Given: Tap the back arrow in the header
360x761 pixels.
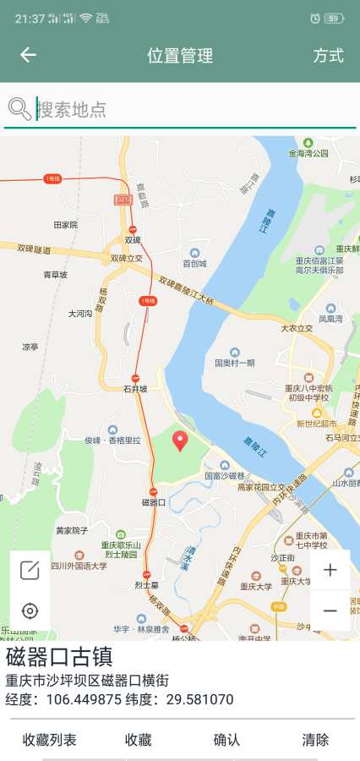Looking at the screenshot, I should pos(28,55).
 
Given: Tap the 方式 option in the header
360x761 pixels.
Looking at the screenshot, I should pos(328,56).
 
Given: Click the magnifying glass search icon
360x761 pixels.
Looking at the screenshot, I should pos(19,108).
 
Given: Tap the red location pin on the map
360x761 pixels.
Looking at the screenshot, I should pos(179,441).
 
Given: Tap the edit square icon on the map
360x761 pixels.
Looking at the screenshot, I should pos(30,570).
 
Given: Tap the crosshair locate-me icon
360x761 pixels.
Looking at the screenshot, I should pos(30,610).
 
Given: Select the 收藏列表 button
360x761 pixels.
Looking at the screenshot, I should pos(49,740).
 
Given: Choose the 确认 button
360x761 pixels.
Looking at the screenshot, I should pos(226,740).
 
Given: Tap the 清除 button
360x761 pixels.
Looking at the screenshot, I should pos(315,740).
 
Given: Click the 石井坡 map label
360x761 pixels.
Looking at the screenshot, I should pos(135,389).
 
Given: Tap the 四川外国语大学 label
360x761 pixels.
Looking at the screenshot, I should pos(78,566).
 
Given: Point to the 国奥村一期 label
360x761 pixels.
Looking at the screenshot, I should pos(234,363).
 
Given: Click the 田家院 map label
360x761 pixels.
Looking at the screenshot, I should pos(65,225).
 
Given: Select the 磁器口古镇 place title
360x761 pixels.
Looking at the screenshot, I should pos(59,658).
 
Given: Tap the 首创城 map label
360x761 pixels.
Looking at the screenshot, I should pos(194,263).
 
